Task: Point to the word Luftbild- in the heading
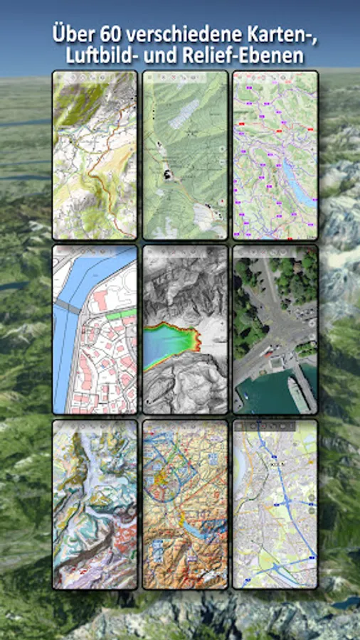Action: (97, 55)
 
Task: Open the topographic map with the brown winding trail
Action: (95, 155)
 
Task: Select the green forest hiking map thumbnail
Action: (185, 155)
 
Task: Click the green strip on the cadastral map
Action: (122, 314)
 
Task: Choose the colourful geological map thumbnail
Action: (95, 504)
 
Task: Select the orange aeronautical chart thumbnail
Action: (185, 504)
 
